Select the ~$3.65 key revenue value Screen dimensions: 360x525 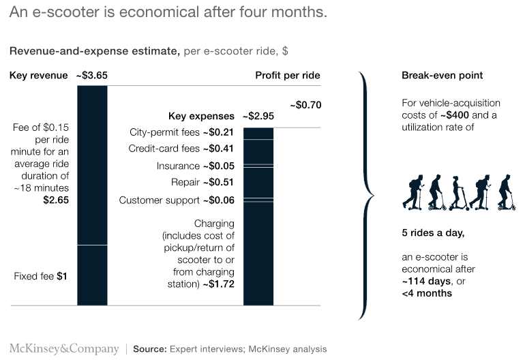pos(91,75)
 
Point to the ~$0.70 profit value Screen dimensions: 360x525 pos(305,105)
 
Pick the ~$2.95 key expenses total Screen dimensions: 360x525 pos(258,116)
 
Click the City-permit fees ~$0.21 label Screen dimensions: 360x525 pos(181,132)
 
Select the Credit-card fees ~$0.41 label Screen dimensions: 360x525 pos(181,149)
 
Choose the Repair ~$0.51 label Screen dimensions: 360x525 pos(202,183)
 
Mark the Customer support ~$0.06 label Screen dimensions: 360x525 pos(177,200)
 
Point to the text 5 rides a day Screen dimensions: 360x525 pos(433,233)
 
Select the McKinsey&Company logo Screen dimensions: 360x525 pos(63,348)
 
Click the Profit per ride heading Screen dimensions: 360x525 pos(288,75)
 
